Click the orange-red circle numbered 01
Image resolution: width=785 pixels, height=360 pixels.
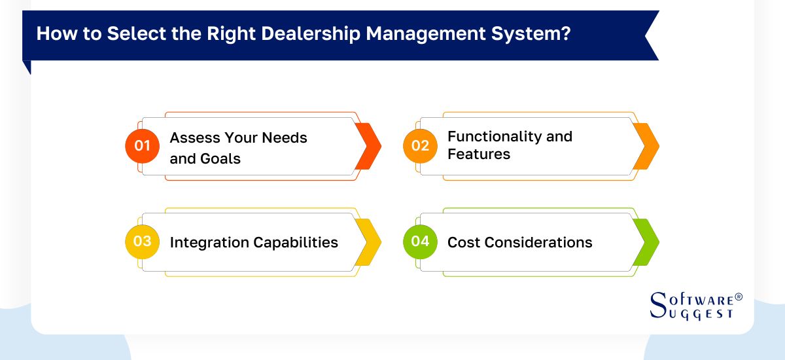click(143, 146)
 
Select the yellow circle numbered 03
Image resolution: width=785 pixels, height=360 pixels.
click(143, 242)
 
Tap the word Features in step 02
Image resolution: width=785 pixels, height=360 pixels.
click(479, 154)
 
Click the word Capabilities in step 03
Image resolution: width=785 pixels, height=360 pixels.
click(296, 242)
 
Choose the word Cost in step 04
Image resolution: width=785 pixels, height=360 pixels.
click(462, 242)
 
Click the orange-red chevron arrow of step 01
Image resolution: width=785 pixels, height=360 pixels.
click(369, 146)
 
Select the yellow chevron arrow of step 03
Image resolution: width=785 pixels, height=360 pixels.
click(369, 242)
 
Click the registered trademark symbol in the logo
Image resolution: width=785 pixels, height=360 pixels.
click(739, 297)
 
